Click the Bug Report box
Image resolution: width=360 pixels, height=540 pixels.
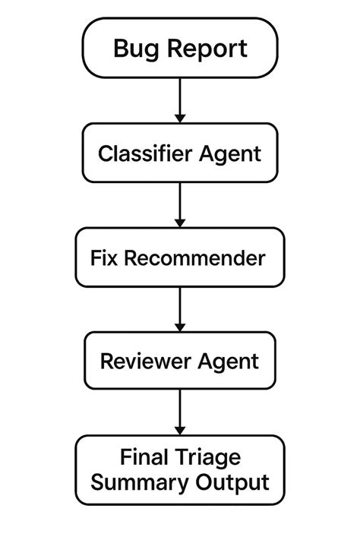pos(180,49)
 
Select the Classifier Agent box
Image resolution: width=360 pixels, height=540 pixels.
pos(180,153)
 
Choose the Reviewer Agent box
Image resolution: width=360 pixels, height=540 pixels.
pos(180,361)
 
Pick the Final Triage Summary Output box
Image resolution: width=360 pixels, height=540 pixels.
pos(180,470)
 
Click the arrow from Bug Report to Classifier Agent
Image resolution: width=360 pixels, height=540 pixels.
pos(180,99)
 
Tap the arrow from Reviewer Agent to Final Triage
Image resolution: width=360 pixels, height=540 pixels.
pos(180,412)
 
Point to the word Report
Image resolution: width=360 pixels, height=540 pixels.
pos(207,49)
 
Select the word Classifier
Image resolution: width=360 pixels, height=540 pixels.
pos(145,153)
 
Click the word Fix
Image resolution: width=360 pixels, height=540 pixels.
pos(105,257)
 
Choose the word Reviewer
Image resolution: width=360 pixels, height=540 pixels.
pos(145,361)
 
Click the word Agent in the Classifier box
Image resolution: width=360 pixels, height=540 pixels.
pos(229,154)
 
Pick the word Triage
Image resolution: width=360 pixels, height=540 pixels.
pos(205,458)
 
